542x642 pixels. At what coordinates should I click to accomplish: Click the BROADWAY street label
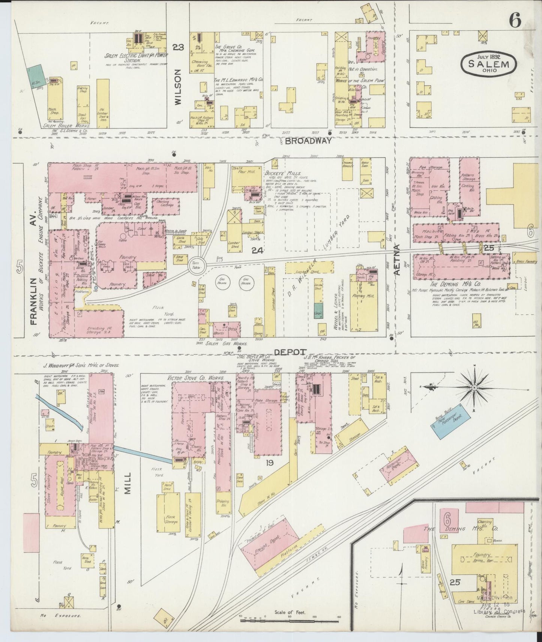[x=308, y=141]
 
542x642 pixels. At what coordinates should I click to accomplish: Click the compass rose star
[x=474, y=387]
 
